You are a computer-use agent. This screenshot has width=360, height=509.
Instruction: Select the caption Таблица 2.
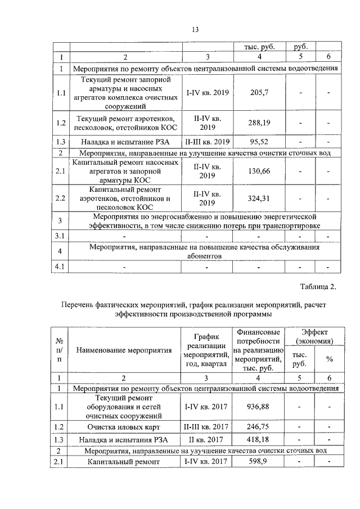317,287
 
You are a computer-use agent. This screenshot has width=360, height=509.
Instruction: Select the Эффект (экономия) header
314,337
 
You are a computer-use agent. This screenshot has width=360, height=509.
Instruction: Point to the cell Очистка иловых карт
123,427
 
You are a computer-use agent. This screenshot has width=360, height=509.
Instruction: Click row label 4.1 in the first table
60,267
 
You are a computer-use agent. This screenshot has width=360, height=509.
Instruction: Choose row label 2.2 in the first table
60,199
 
